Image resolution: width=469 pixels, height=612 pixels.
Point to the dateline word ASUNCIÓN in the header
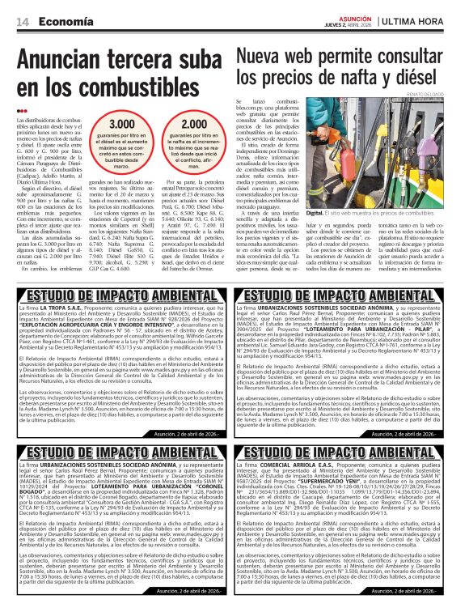tap(356, 16)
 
